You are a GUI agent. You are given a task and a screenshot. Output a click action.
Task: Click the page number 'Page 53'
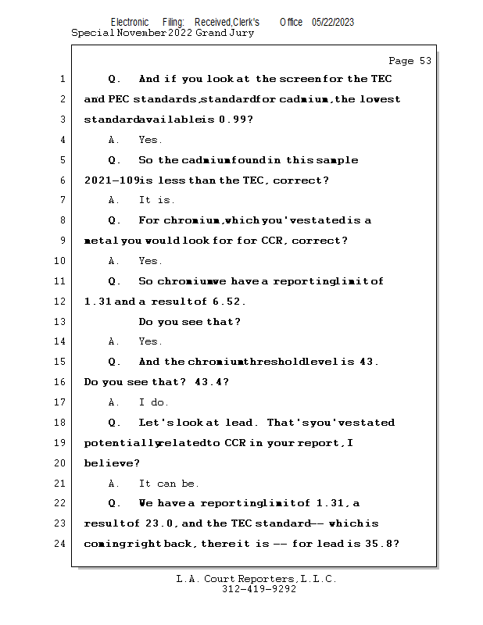click(x=410, y=61)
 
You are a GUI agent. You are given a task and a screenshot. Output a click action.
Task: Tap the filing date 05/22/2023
click(x=332, y=23)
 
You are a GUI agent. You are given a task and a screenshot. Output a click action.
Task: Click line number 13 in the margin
click(x=61, y=322)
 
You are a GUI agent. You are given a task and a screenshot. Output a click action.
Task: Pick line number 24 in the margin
click(x=61, y=544)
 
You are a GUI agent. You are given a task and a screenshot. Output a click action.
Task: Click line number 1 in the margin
click(x=61, y=80)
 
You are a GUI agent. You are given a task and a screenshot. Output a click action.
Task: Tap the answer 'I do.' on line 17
click(x=154, y=402)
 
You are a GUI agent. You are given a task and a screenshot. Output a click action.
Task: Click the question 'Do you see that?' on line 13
click(x=190, y=322)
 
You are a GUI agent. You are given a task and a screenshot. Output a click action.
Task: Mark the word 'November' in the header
click(x=141, y=34)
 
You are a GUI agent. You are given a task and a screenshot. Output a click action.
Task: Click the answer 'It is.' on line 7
click(x=157, y=201)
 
